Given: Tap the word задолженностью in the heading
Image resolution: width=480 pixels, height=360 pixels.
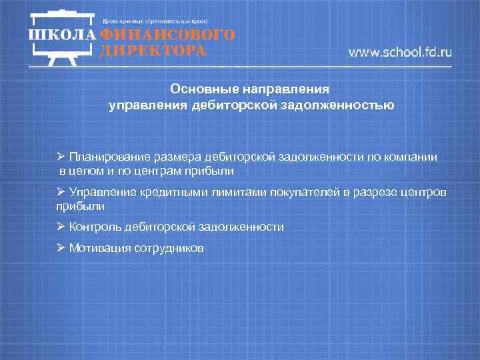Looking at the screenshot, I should [x=345, y=105].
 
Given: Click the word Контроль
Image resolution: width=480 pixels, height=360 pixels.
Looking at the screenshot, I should [x=97, y=227].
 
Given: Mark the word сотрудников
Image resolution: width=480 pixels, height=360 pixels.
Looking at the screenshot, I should [x=169, y=248].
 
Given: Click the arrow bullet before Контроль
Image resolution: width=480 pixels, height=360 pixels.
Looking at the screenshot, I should [x=61, y=227].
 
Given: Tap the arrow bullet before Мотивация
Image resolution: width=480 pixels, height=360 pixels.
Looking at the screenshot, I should [x=61, y=248].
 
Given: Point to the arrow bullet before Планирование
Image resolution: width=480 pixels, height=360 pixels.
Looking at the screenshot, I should [x=61, y=157].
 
